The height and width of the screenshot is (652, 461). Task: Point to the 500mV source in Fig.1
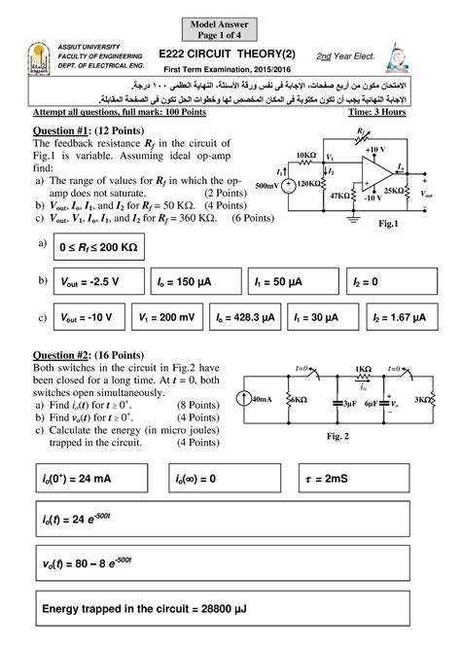click(288, 182)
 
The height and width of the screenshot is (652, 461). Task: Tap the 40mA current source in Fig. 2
click(257, 399)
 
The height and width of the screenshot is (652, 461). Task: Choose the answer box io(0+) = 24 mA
click(94, 479)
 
